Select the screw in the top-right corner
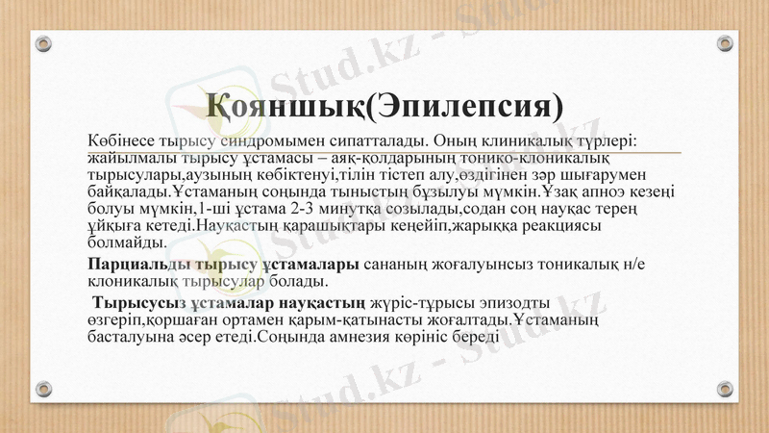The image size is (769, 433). pos(725,43)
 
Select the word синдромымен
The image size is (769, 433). pos(260,140)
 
